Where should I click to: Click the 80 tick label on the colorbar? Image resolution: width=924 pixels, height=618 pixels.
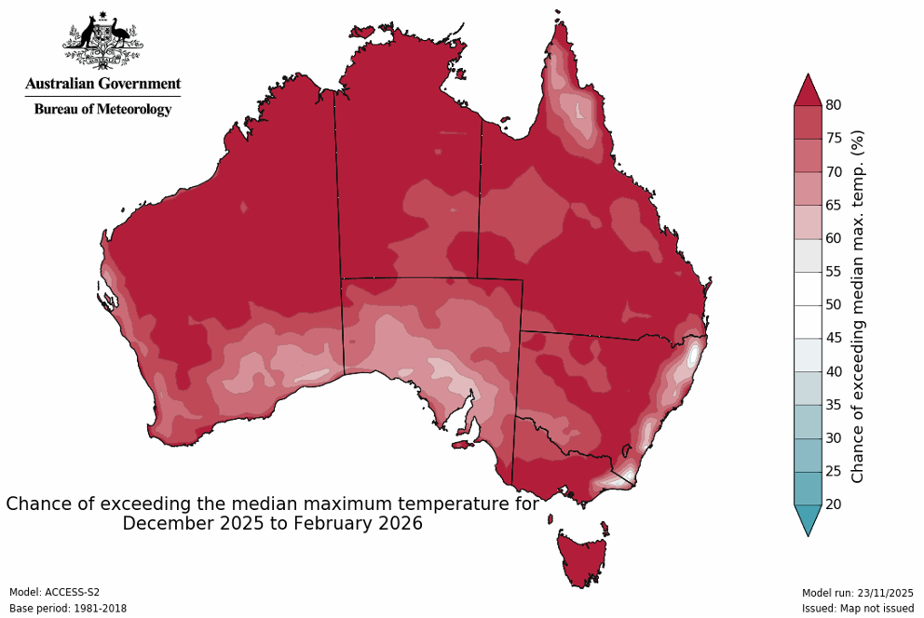(x=834, y=105)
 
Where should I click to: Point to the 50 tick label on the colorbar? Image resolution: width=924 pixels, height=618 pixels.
(x=834, y=304)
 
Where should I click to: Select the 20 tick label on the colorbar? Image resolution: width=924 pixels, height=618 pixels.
(x=834, y=504)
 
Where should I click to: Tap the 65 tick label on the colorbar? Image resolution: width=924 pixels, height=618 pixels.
(x=834, y=205)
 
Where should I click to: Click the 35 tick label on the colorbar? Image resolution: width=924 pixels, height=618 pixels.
(x=834, y=405)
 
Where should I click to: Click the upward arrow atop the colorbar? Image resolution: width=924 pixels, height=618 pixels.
(x=808, y=90)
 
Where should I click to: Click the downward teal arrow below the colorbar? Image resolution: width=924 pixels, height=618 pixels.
(x=808, y=519)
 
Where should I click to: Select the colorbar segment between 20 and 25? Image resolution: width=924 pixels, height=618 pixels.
(x=808, y=488)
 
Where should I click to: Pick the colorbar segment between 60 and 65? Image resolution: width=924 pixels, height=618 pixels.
(x=808, y=222)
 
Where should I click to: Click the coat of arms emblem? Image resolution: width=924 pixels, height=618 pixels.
(x=102, y=43)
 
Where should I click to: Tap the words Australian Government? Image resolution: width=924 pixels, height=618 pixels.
(x=102, y=84)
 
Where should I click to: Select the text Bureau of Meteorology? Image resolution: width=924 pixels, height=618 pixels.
(x=102, y=109)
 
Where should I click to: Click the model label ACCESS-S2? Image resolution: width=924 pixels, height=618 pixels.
(x=54, y=592)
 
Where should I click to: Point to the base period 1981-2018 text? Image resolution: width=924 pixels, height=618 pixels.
(x=68, y=608)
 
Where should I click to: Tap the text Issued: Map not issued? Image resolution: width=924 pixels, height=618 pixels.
(x=857, y=608)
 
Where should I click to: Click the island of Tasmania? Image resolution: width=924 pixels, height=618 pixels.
(x=583, y=555)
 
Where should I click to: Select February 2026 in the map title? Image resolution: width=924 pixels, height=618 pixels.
(x=358, y=524)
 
